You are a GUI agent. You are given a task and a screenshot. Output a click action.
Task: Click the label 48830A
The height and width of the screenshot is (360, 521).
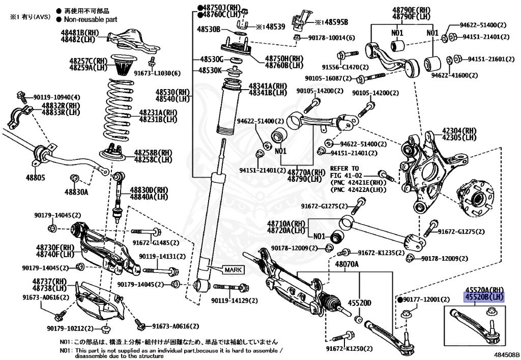pos(76,192)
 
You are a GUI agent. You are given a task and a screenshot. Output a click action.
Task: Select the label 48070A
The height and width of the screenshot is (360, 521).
pos(346,264)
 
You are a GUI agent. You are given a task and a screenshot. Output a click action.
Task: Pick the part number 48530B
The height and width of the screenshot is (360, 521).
pos(209,30)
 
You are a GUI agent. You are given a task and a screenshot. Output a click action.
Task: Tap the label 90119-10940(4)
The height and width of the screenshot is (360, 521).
pos(56,97)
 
